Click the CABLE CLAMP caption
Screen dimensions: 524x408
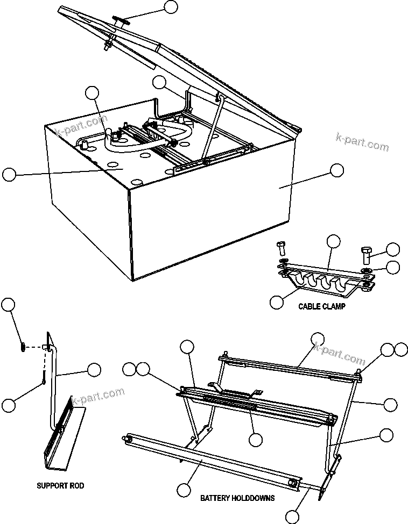pyautogui.click(x=321, y=306)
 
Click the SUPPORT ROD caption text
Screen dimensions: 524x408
pyautogui.click(x=60, y=486)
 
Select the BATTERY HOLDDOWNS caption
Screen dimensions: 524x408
pyautogui.click(x=237, y=498)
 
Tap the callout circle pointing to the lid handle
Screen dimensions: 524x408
pyautogui.click(x=171, y=7)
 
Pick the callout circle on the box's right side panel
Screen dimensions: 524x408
pyautogui.click(x=336, y=170)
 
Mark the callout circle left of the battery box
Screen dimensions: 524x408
pyautogui.click(x=9, y=174)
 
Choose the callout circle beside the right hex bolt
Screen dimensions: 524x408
pyautogui.click(x=393, y=249)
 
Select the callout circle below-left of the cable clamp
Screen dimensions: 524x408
pyautogui.click(x=276, y=302)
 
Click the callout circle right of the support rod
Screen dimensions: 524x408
pyautogui.click(x=94, y=369)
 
